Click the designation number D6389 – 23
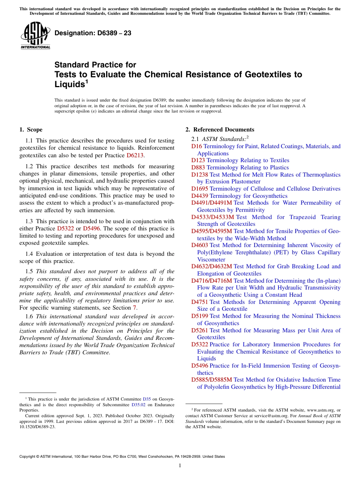pos(93,33)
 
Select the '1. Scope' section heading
pos(31,130)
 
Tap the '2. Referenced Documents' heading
pos(220,130)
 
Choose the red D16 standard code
pos(197,146)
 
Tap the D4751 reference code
pos(199,302)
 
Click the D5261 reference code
pos(199,330)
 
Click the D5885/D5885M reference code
pos(211,380)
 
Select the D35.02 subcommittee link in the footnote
pos(138,405)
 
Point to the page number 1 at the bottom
pos(180,466)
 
